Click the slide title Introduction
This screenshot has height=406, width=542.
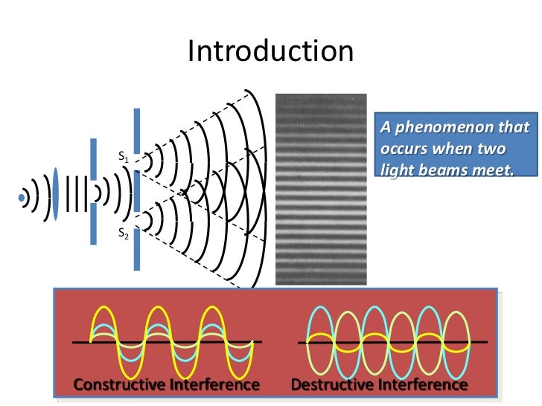click(x=270, y=51)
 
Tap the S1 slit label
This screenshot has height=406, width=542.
click(x=124, y=157)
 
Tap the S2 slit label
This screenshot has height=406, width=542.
click(x=124, y=233)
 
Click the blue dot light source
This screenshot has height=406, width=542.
click(x=22, y=198)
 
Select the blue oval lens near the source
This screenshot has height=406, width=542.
click(x=55, y=195)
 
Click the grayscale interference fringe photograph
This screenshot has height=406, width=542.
click(x=321, y=189)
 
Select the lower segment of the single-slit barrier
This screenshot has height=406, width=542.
click(x=93, y=224)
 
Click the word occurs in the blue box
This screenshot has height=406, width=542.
click(x=405, y=148)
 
